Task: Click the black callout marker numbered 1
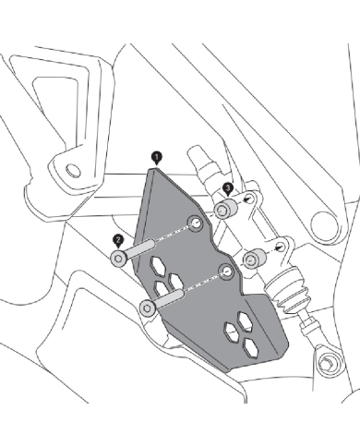(157, 158)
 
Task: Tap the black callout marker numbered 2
(118, 240)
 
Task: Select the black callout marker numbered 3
(227, 188)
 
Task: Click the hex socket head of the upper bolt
(118, 258)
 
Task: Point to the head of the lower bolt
(147, 308)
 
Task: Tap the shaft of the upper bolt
(140, 248)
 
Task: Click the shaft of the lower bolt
(170, 297)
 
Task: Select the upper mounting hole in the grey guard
(196, 223)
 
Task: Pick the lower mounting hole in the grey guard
(227, 272)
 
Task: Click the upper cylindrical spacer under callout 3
(226, 209)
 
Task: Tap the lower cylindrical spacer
(255, 259)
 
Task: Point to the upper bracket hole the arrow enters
(251, 199)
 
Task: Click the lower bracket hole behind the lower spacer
(281, 247)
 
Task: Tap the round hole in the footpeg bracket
(73, 170)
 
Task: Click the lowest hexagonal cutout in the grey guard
(250, 348)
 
